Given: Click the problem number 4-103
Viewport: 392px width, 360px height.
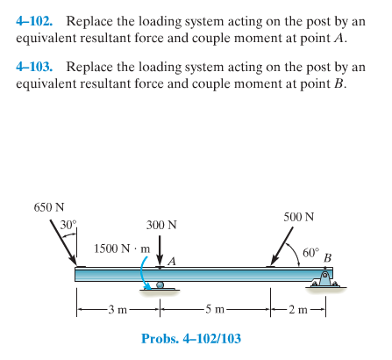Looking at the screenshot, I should pos(36,68).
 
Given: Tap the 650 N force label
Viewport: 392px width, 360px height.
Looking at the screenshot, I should pos(48,207).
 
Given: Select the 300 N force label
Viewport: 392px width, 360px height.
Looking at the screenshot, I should pos(161,225).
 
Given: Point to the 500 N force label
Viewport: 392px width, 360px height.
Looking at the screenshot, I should pos(299,216).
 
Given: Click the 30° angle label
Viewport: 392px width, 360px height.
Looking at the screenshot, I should pos(68,222).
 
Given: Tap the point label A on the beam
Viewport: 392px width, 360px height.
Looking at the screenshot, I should pos(173,261).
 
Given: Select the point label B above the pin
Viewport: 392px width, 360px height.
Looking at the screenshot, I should pos(328,258).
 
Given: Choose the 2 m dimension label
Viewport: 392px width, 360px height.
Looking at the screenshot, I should pos(302,309).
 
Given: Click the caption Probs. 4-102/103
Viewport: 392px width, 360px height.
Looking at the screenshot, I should pos(191,339).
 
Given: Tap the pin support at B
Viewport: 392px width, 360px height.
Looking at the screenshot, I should pos(326,279).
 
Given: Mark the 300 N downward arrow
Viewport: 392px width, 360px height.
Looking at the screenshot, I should pos(160,249).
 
